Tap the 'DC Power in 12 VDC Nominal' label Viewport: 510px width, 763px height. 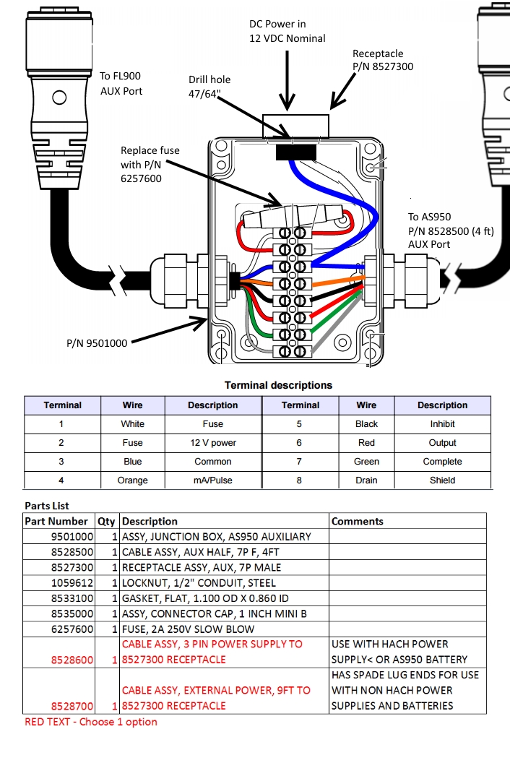[x=288, y=31]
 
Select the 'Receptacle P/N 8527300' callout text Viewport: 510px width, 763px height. [x=382, y=60]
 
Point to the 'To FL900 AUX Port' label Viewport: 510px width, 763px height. [x=121, y=83]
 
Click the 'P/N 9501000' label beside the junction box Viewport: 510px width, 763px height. [x=97, y=343]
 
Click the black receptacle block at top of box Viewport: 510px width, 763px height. [x=295, y=151]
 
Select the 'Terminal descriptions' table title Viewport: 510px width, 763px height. [x=278, y=385]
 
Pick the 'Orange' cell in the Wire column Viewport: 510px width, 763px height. [x=132, y=480]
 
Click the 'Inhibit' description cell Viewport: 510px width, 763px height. [x=442, y=424]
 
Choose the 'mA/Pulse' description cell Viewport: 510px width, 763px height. [x=212, y=480]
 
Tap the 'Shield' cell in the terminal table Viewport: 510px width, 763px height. [x=442, y=480]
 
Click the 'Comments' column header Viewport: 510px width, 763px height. [x=357, y=521]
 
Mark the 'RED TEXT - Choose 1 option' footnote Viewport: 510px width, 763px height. [x=90, y=722]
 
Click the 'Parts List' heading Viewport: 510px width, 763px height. [x=47, y=506]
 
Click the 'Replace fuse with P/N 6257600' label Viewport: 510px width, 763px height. [x=150, y=163]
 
